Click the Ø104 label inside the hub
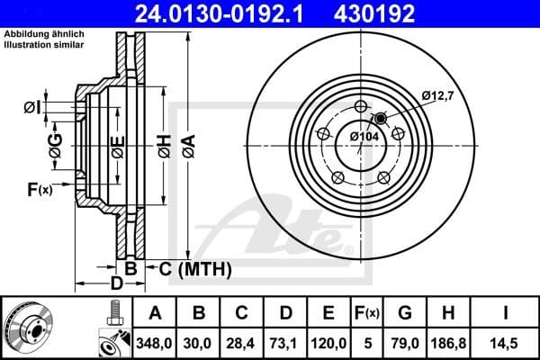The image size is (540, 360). coord(363,136)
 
